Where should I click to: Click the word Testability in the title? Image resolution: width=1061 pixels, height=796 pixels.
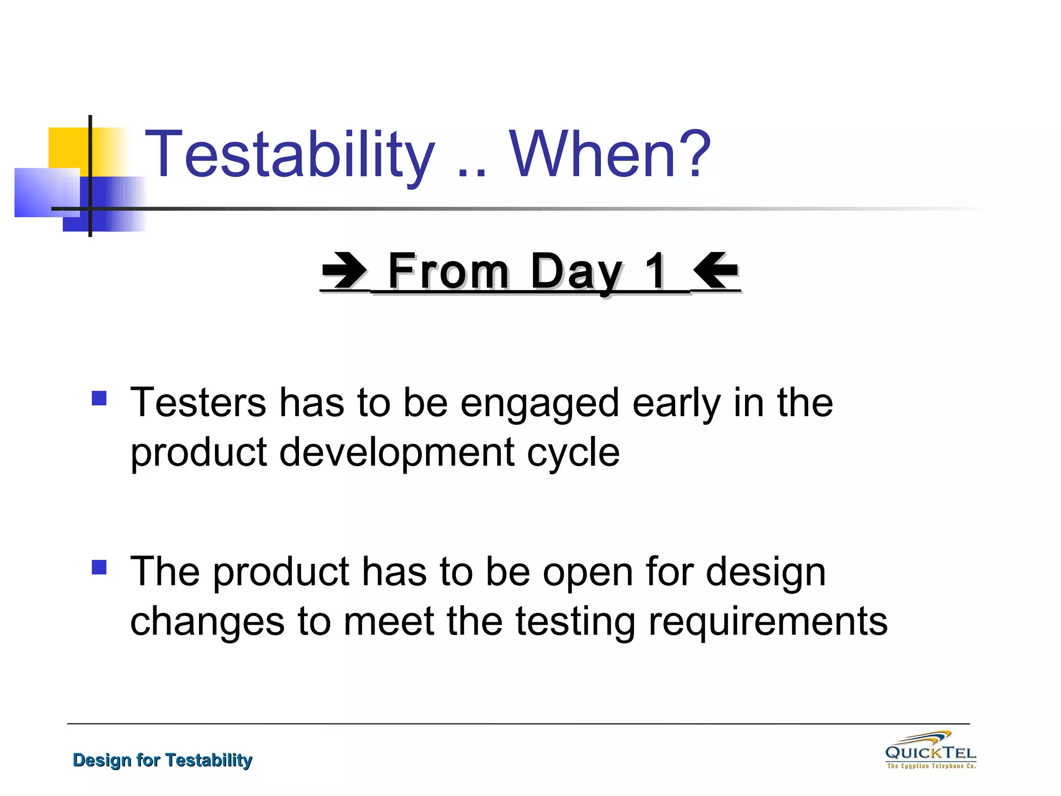pos(290,154)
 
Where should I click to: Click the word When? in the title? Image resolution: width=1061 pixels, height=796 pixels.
pos(610,154)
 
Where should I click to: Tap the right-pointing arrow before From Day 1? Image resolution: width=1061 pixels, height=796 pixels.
pos(344,270)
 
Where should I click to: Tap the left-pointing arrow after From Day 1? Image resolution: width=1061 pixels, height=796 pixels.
pos(715,270)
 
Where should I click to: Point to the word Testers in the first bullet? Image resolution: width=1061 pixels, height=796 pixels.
pos(198,403)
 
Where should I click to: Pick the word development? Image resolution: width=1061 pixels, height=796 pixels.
pos(397,452)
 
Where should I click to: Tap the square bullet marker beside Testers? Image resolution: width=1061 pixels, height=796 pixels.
pos(99,398)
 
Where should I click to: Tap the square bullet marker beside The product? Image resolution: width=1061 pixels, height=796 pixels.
pos(99,567)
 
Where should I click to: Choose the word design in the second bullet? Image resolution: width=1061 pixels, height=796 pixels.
pos(766,573)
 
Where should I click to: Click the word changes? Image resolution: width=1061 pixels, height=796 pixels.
pos(206,622)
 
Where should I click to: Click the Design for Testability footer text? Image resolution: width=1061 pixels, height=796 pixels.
pos(162,760)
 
